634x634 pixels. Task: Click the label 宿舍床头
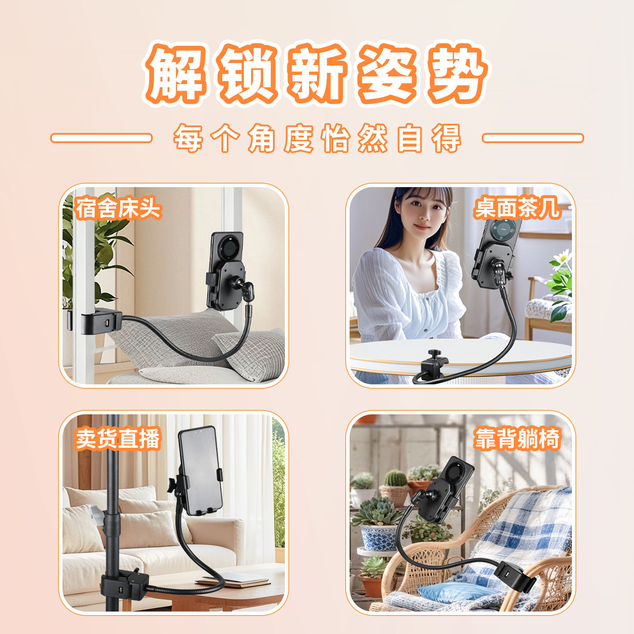(x=118, y=208)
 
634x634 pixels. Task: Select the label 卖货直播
(x=118, y=439)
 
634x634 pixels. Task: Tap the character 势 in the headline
(x=457, y=73)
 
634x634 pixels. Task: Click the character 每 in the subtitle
(x=188, y=138)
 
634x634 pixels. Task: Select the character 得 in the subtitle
(x=446, y=138)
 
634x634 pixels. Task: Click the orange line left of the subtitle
(x=101, y=138)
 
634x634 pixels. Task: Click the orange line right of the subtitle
(x=533, y=138)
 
